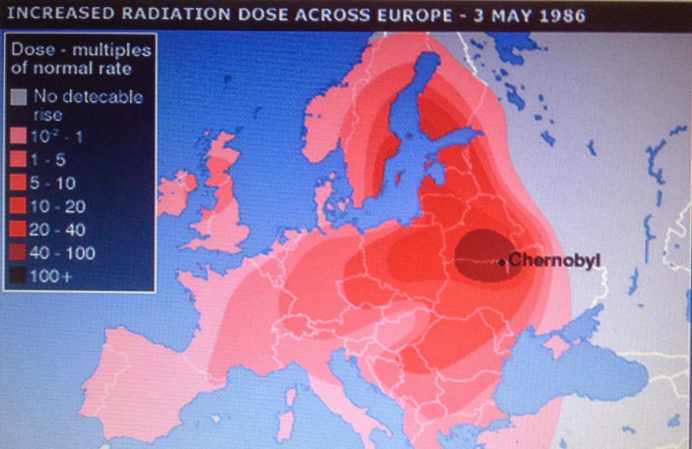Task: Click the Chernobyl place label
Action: coord(554,260)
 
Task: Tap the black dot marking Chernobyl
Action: coord(502,262)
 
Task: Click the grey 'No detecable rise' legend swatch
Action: coord(19,96)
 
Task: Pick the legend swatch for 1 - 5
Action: coord(19,160)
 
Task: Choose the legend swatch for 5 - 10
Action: coord(19,183)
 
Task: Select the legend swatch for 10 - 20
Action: coord(19,206)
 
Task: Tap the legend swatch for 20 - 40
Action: coord(19,230)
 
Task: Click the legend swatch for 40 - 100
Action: coord(19,253)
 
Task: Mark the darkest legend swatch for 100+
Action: coord(19,276)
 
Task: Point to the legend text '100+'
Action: coord(50,276)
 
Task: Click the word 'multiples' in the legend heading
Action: coord(112,50)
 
